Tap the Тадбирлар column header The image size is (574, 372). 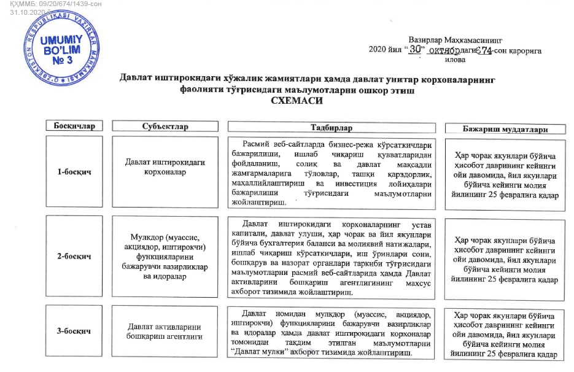coord(332,127)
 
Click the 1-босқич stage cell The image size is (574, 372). coord(74,172)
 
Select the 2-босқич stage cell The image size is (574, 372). coord(74,257)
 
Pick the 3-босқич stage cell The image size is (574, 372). coord(74,331)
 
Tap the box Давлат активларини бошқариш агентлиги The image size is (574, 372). coord(165,332)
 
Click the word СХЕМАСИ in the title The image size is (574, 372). coord(301,101)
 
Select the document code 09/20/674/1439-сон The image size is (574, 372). coord(68,4)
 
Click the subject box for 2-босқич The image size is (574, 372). coord(165,256)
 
